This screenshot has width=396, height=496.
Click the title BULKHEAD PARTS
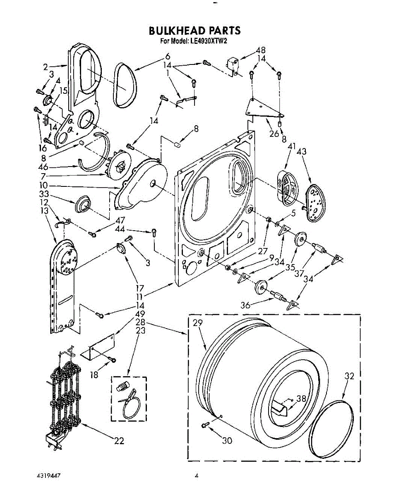click(194, 31)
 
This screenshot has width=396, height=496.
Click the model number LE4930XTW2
click(209, 41)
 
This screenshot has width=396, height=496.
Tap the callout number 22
click(119, 441)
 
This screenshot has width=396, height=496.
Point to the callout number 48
click(260, 50)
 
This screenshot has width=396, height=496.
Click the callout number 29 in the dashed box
click(197, 324)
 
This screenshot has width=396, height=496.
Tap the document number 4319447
click(48, 477)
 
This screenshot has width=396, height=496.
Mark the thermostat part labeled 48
click(232, 65)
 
